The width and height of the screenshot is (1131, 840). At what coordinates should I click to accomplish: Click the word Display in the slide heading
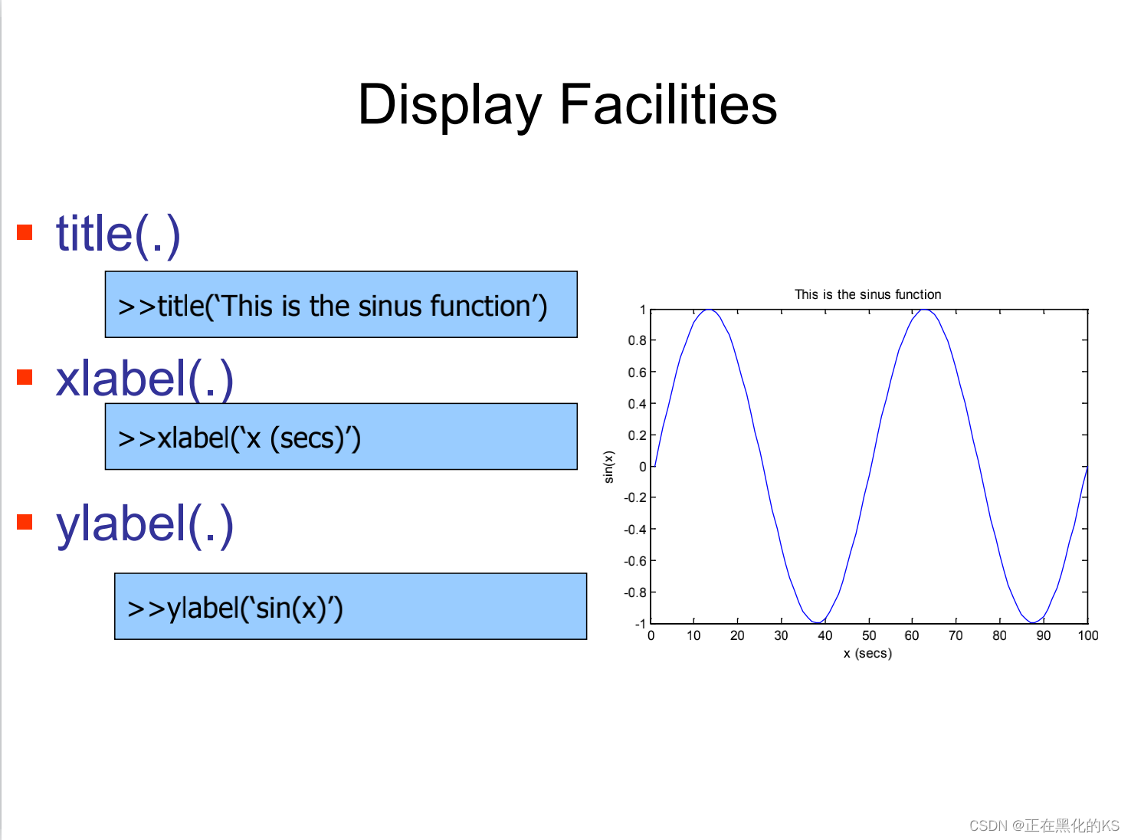(x=449, y=105)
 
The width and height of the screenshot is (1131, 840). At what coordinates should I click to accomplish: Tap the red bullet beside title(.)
(x=25, y=232)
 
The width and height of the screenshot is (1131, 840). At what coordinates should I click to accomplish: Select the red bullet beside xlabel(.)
(x=25, y=377)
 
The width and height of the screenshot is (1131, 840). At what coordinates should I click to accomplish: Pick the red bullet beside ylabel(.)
(x=25, y=522)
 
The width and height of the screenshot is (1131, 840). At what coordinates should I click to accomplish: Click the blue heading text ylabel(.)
(x=145, y=525)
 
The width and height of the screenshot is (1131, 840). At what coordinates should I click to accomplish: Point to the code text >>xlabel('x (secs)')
(x=239, y=438)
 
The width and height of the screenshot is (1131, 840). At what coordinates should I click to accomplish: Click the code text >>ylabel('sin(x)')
(x=235, y=608)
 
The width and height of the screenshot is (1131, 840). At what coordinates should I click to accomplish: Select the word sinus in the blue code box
(x=390, y=306)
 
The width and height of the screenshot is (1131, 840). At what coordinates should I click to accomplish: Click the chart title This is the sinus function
(x=867, y=294)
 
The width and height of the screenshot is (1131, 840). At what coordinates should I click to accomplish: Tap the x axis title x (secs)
(x=867, y=653)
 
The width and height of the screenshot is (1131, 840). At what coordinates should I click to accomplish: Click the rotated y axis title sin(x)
(x=608, y=467)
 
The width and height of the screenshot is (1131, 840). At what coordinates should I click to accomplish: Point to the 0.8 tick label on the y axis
(x=637, y=341)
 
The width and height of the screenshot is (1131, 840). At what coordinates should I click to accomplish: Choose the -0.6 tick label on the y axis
(x=635, y=561)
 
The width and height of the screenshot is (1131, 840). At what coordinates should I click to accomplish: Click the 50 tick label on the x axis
(x=869, y=635)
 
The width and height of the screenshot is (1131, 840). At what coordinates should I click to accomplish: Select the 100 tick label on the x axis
(x=1087, y=635)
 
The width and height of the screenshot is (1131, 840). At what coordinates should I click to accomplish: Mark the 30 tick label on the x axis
(x=781, y=635)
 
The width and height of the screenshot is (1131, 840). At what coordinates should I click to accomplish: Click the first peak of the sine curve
(x=708, y=310)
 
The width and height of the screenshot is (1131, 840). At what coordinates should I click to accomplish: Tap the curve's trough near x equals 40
(x=818, y=622)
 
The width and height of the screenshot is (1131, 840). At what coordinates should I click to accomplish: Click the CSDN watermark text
(x=1044, y=825)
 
